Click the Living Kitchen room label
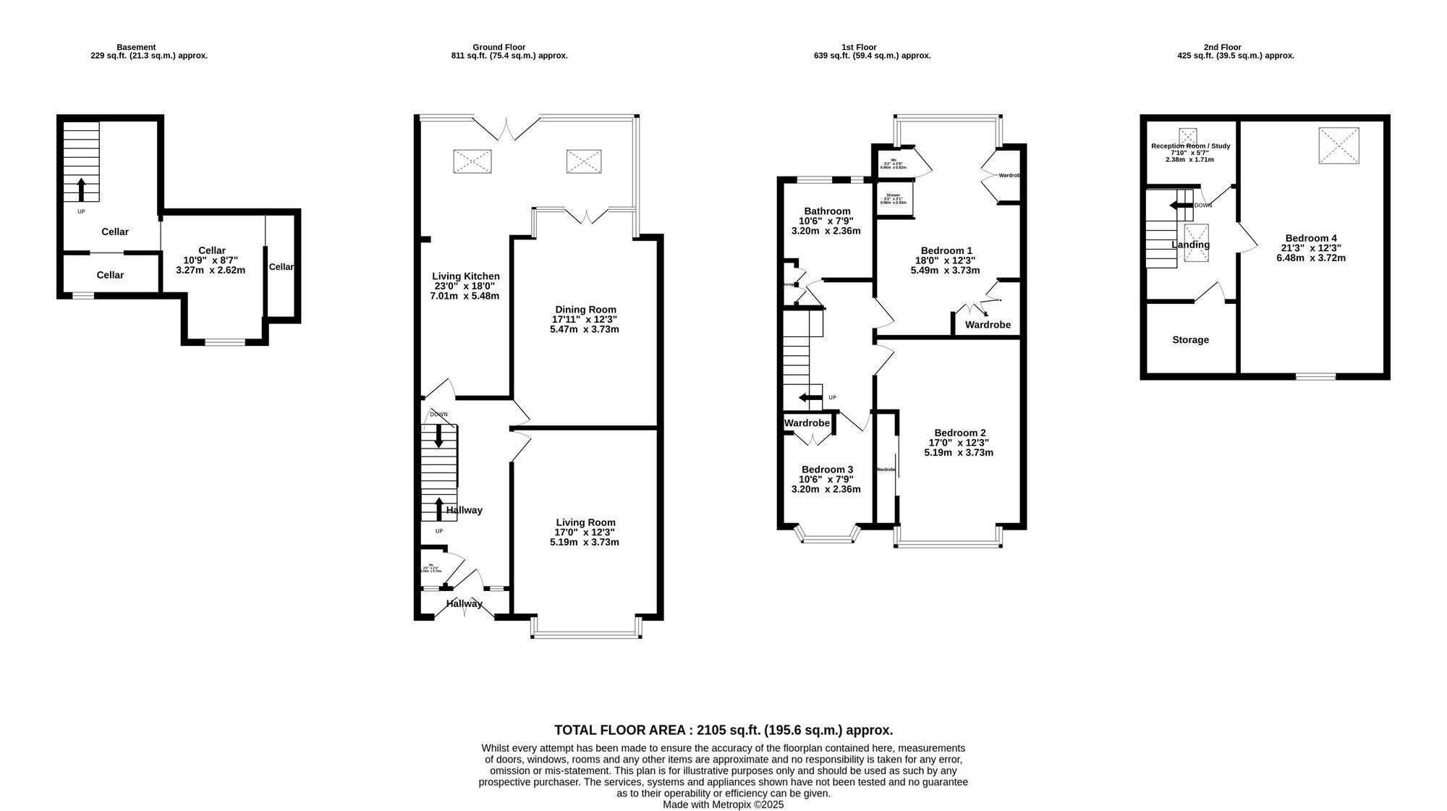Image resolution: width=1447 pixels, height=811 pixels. point(465,276)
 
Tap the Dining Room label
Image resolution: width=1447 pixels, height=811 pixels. point(585,310)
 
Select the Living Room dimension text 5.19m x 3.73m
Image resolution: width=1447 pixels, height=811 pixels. point(585,542)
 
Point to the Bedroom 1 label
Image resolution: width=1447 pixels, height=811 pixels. point(945,250)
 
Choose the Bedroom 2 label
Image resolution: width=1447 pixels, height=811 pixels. point(959,433)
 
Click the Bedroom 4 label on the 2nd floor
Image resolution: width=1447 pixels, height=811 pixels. point(1310,238)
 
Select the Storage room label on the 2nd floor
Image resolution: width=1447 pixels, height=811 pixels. point(1190,340)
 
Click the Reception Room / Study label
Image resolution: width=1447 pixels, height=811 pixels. point(1190,146)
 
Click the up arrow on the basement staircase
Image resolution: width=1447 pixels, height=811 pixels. point(81,190)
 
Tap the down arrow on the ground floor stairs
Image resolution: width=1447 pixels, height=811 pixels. point(438,436)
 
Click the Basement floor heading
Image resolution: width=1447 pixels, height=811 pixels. point(136,47)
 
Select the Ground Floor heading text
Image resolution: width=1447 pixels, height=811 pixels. point(498,47)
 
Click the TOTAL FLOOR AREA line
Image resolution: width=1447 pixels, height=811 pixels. point(723,730)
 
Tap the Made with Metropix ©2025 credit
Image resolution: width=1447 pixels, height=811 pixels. point(723,804)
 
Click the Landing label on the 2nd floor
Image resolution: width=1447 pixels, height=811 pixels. point(1190,245)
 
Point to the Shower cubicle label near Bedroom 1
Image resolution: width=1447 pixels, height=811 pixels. point(893,195)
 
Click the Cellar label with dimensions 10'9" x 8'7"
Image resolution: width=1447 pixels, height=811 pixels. point(211,250)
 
